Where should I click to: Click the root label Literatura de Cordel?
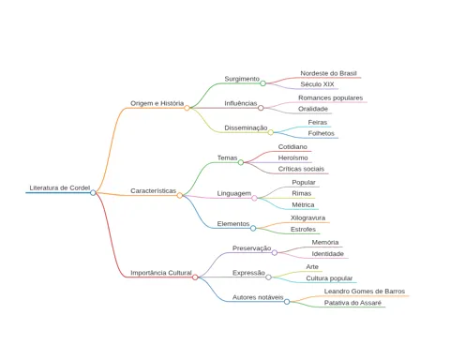60,187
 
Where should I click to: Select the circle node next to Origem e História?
187,108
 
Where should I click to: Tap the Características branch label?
153,190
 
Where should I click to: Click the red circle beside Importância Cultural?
195,277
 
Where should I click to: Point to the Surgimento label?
242,79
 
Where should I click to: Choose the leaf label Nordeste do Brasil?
328,73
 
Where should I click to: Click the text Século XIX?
317,84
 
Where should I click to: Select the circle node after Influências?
261,108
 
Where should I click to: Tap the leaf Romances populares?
330,97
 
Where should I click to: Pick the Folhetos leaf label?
321,133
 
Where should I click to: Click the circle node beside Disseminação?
271,132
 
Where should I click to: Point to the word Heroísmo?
292,157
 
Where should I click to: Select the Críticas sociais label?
301,169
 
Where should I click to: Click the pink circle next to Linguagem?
254,198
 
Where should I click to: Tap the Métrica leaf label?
303,204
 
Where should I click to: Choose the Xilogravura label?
307,217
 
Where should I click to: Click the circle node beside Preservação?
275,253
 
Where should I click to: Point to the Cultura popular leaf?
329,278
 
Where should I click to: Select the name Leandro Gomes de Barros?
365,292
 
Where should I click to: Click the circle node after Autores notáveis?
287,302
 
